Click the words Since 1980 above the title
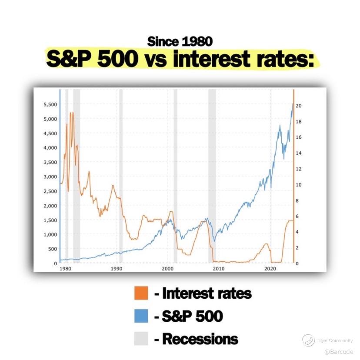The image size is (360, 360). click(180, 42)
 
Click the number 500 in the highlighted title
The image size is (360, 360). click(118, 59)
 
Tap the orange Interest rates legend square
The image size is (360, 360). click(141, 293)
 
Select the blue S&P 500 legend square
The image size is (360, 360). click(141, 316)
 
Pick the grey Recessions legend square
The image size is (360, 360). click(141, 338)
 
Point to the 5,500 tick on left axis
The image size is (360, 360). click(50, 104)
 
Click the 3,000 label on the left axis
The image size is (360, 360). click(50, 177)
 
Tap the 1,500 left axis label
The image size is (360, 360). click(50, 220)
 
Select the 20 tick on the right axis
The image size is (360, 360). click(298, 106)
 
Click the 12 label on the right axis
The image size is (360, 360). click(298, 169)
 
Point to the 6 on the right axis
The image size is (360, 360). click(297, 216)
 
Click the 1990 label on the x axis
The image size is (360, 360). click(117, 269)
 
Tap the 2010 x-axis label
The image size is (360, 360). click(219, 269)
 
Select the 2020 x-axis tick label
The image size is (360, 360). click(270, 269)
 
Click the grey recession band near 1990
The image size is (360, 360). click(121, 176)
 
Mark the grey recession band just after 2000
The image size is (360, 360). click(175, 176)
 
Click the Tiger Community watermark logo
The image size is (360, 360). click(308, 340)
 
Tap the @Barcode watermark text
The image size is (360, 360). click(339, 351)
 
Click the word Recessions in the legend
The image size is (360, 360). click(200, 339)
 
